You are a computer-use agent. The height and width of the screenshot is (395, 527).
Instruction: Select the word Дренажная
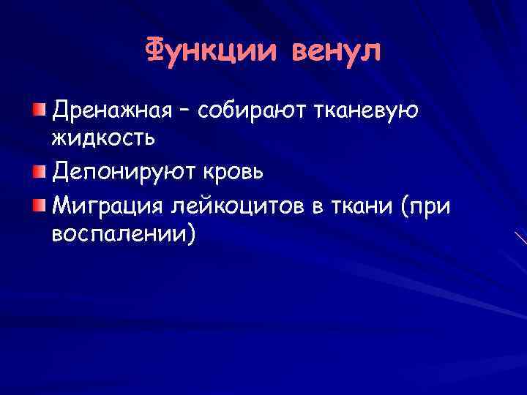coord(106,110)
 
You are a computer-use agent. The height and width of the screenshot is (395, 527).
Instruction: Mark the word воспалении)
coord(123,234)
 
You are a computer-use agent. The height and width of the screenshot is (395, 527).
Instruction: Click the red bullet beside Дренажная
coord(38,110)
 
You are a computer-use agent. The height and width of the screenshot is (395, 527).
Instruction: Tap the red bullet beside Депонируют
coord(38,172)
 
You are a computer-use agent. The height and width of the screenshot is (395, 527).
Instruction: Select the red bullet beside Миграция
coord(38,207)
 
